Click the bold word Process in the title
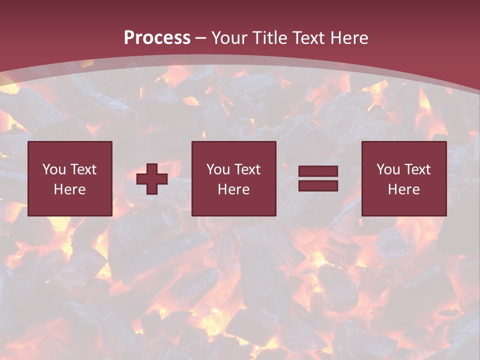tap(157, 38)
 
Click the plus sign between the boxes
tap(152, 179)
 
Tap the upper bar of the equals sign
tap(318, 171)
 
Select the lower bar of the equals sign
tap(318, 186)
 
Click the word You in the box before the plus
tap(54, 169)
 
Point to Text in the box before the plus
tap(83, 169)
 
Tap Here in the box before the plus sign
tap(69, 189)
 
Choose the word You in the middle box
tap(218, 169)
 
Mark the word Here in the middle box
tap(233, 189)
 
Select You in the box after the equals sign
tap(388, 169)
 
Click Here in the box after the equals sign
tap(403, 189)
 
